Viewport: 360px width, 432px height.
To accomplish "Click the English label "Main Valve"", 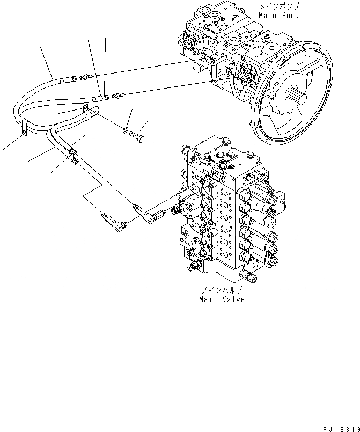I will (x=222, y=299).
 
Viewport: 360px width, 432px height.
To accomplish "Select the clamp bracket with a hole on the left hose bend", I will (x=24, y=130).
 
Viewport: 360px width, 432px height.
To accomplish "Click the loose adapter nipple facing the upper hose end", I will (x=84, y=78).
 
